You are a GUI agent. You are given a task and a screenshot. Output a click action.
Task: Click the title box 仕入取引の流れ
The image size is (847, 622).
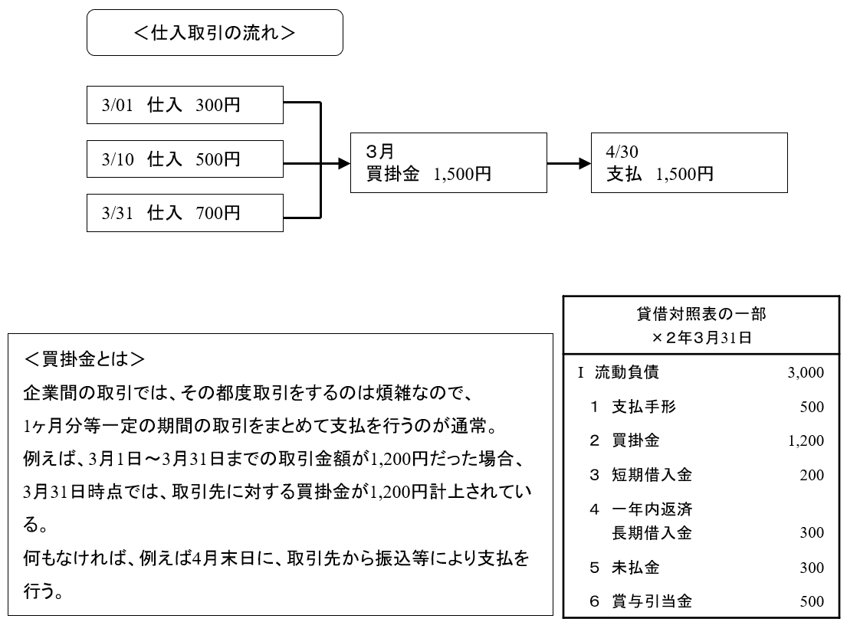click(215, 32)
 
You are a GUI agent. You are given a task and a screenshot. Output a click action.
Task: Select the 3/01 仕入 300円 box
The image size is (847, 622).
click(185, 104)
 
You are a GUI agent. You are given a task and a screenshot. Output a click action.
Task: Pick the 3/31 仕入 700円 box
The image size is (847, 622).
click(185, 212)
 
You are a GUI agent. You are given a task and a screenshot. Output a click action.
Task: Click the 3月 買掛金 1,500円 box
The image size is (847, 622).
click(448, 164)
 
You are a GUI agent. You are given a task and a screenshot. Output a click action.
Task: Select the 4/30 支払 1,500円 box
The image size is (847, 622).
click(690, 164)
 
